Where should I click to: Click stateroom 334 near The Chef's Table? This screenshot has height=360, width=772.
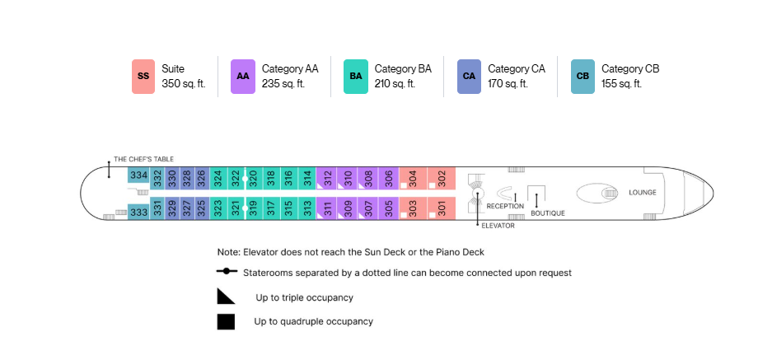tap(138, 175)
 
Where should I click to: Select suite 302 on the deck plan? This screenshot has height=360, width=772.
tap(441, 178)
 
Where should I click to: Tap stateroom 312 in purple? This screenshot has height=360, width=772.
tap(326, 178)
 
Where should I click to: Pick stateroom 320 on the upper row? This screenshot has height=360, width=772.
tap(254, 178)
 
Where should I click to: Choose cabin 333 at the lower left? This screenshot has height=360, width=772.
tap(138, 212)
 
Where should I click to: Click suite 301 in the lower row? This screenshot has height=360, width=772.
tap(441, 208)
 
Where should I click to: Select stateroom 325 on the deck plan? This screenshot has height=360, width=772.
tap(202, 208)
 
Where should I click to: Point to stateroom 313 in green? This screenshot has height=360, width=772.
tap(307, 208)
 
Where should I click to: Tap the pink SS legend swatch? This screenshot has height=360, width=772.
tap(143, 77)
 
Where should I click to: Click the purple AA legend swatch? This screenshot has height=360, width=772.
tap(243, 77)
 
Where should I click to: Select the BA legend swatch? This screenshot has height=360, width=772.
tap(355, 77)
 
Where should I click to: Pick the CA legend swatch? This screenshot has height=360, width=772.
tap(469, 77)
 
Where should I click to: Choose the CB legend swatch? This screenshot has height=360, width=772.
tap(583, 77)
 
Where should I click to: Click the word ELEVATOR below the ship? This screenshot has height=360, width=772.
tap(498, 226)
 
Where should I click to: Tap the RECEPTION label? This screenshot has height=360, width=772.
tap(505, 206)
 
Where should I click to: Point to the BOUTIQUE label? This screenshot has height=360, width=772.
tap(548, 213)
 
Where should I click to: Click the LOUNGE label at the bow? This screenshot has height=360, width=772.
tap(643, 193)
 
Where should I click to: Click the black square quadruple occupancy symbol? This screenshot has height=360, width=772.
tap(226, 321)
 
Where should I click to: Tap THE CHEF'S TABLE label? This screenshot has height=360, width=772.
tap(143, 159)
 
